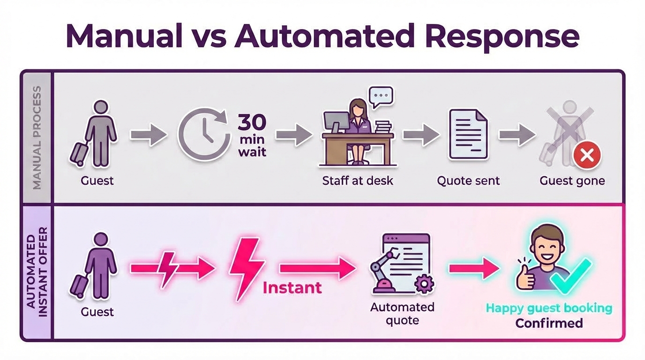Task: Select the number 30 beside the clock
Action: click(252, 122)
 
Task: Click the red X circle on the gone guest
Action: click(587, 155)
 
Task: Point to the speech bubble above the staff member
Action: click(380, 97)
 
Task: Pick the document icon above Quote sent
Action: click(468, 135)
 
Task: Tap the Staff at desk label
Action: click(358, 180)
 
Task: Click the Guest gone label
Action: click(572, 180)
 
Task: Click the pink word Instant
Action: click(292, 287)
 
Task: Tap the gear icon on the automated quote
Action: click(424, 284)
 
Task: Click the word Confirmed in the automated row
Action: click(549, 323)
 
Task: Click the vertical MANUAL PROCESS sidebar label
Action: click(37, 138)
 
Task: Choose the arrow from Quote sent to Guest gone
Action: click(517, 135)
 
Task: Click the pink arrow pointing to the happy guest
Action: click(474, 269)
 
